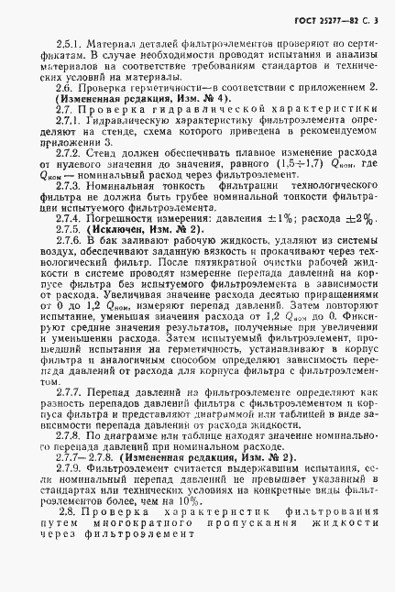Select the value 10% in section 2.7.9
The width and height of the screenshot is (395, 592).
tap(193, 502)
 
